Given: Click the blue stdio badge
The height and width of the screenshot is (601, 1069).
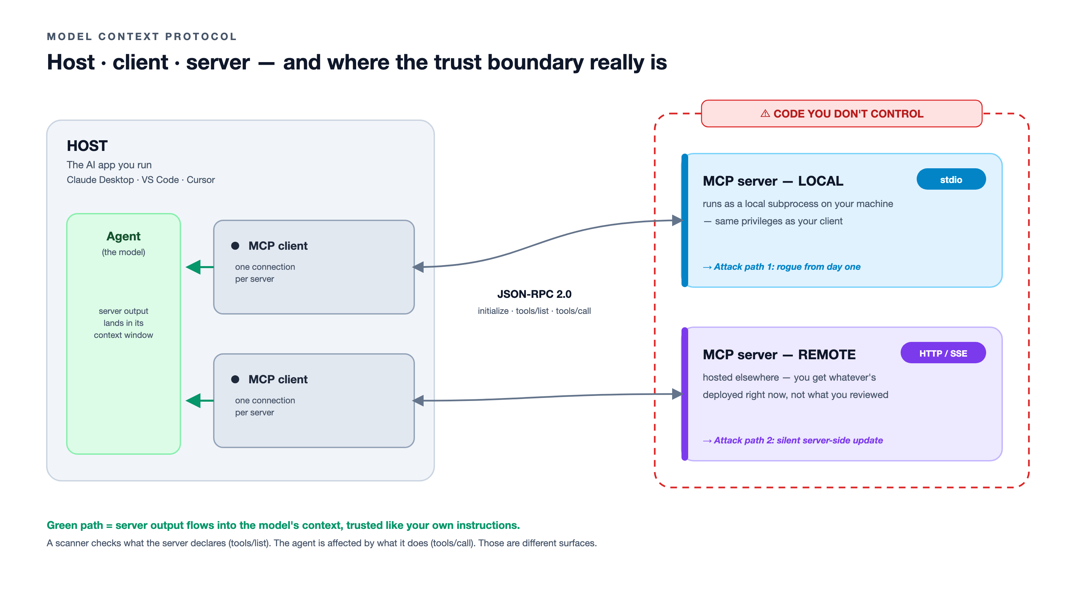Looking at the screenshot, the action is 951,179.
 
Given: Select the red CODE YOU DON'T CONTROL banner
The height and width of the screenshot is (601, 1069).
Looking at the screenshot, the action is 842,114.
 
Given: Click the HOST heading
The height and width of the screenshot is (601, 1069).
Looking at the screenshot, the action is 87,146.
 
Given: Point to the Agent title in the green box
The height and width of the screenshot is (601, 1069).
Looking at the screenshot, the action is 123,236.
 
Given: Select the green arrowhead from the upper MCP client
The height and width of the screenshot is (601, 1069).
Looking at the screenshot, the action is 193,267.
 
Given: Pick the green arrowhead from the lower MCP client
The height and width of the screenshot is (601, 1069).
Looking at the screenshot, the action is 193,401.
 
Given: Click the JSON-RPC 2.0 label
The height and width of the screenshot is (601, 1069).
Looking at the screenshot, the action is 534,294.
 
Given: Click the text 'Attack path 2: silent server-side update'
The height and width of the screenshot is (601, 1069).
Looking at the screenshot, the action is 798,440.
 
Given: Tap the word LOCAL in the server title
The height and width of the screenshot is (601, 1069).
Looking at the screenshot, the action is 820,181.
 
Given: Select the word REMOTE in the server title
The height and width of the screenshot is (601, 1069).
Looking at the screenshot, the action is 827,355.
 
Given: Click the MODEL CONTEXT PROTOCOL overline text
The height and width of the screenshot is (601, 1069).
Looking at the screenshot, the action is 142,36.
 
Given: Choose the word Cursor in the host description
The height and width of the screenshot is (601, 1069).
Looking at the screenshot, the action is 200,180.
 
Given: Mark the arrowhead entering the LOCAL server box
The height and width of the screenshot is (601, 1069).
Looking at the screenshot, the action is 677,220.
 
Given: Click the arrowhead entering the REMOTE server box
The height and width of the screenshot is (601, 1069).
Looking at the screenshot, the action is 677,394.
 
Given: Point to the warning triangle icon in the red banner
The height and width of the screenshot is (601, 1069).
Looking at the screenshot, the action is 765,114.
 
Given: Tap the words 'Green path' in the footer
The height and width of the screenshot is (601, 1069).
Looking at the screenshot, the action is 75,526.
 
